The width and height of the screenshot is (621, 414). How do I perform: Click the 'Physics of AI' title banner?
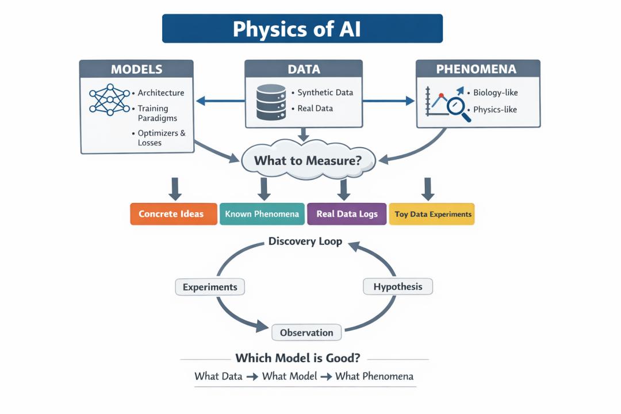coord(302,29)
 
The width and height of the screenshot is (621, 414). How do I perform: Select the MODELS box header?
coord(136,70)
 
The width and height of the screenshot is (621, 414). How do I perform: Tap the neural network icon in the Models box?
coord(109,101)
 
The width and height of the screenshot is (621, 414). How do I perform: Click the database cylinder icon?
coord(271,102)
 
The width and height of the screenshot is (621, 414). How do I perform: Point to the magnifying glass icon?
coord(458,109)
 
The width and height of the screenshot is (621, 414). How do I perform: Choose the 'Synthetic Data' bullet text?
coord(325,93)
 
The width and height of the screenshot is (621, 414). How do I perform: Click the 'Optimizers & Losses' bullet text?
coord(162,138)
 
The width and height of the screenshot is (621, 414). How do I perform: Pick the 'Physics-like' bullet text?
coord(495,109)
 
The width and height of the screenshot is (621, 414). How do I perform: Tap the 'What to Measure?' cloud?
coord(308,160)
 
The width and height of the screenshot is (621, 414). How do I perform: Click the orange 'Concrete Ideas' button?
coord(171,214)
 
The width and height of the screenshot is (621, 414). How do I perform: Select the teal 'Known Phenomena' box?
coord(262,214)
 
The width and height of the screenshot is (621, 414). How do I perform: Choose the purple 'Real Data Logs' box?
coord(347,214)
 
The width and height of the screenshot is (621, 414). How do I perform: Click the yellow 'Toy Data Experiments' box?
coord(432,214)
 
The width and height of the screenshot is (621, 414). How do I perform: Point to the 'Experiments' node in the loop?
coord(210,287)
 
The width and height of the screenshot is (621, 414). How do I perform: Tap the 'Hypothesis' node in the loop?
coord(398,286)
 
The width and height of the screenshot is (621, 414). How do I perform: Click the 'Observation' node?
coord(306,332)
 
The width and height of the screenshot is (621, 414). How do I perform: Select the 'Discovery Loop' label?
coord(305,241)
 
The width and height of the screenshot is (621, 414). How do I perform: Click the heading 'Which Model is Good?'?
coord(298,358)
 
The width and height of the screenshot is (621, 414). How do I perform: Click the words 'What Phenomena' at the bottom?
coord(374,377)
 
